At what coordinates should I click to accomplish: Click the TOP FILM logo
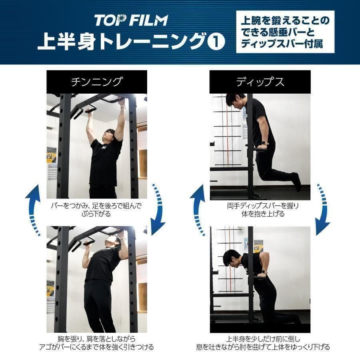[x=131, y=20]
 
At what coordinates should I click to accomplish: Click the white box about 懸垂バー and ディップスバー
[x=285, y=32]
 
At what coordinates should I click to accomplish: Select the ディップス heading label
[x=260, y=82]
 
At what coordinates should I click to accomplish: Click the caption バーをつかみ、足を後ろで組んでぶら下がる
[x=96, y=210]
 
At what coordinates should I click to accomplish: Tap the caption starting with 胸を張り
[x=96, y=343]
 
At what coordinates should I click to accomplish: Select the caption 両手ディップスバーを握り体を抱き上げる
[x=260, y=210]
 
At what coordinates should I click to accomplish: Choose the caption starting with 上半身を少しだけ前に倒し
[x=260, y=343]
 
